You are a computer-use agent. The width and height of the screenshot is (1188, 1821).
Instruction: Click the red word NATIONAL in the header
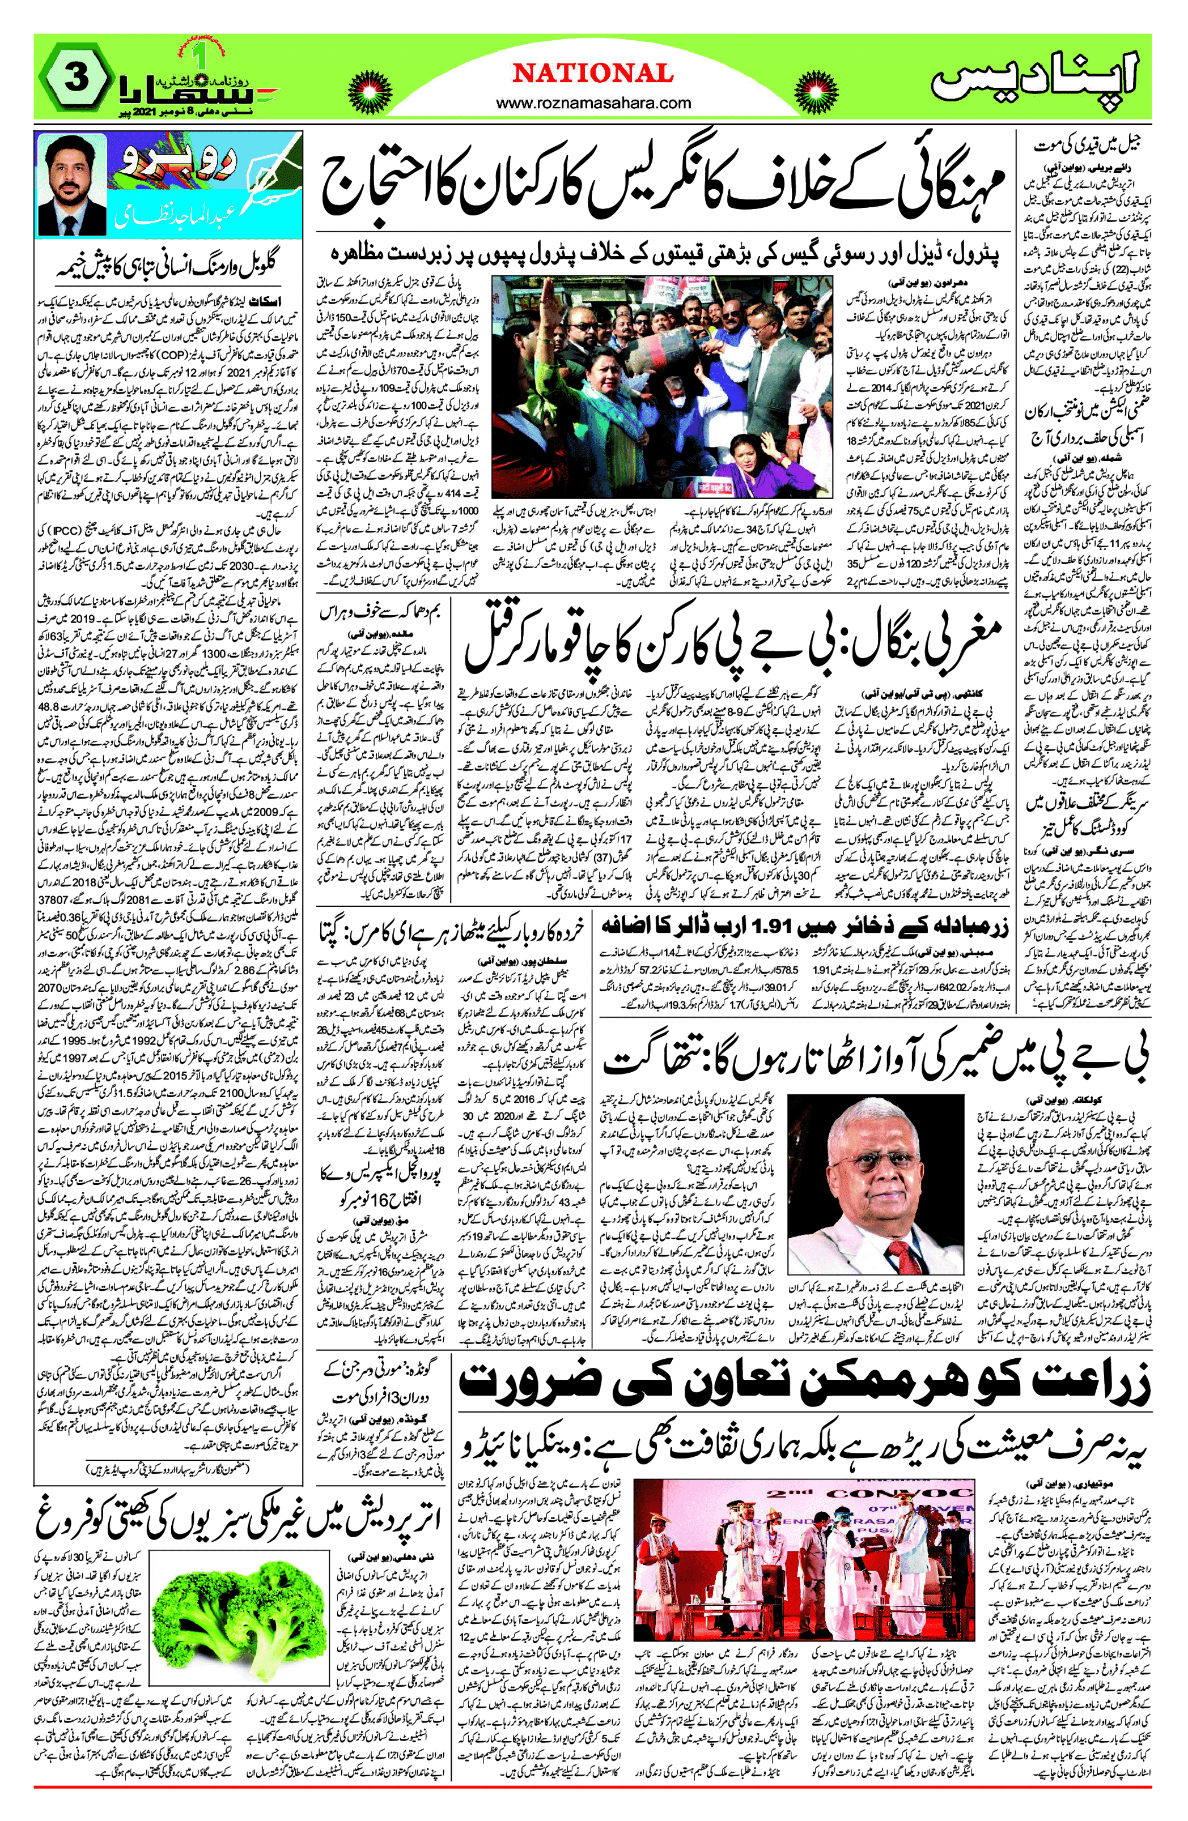(593, 74)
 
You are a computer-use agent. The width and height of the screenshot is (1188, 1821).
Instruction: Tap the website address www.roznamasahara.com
(593, 103)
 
